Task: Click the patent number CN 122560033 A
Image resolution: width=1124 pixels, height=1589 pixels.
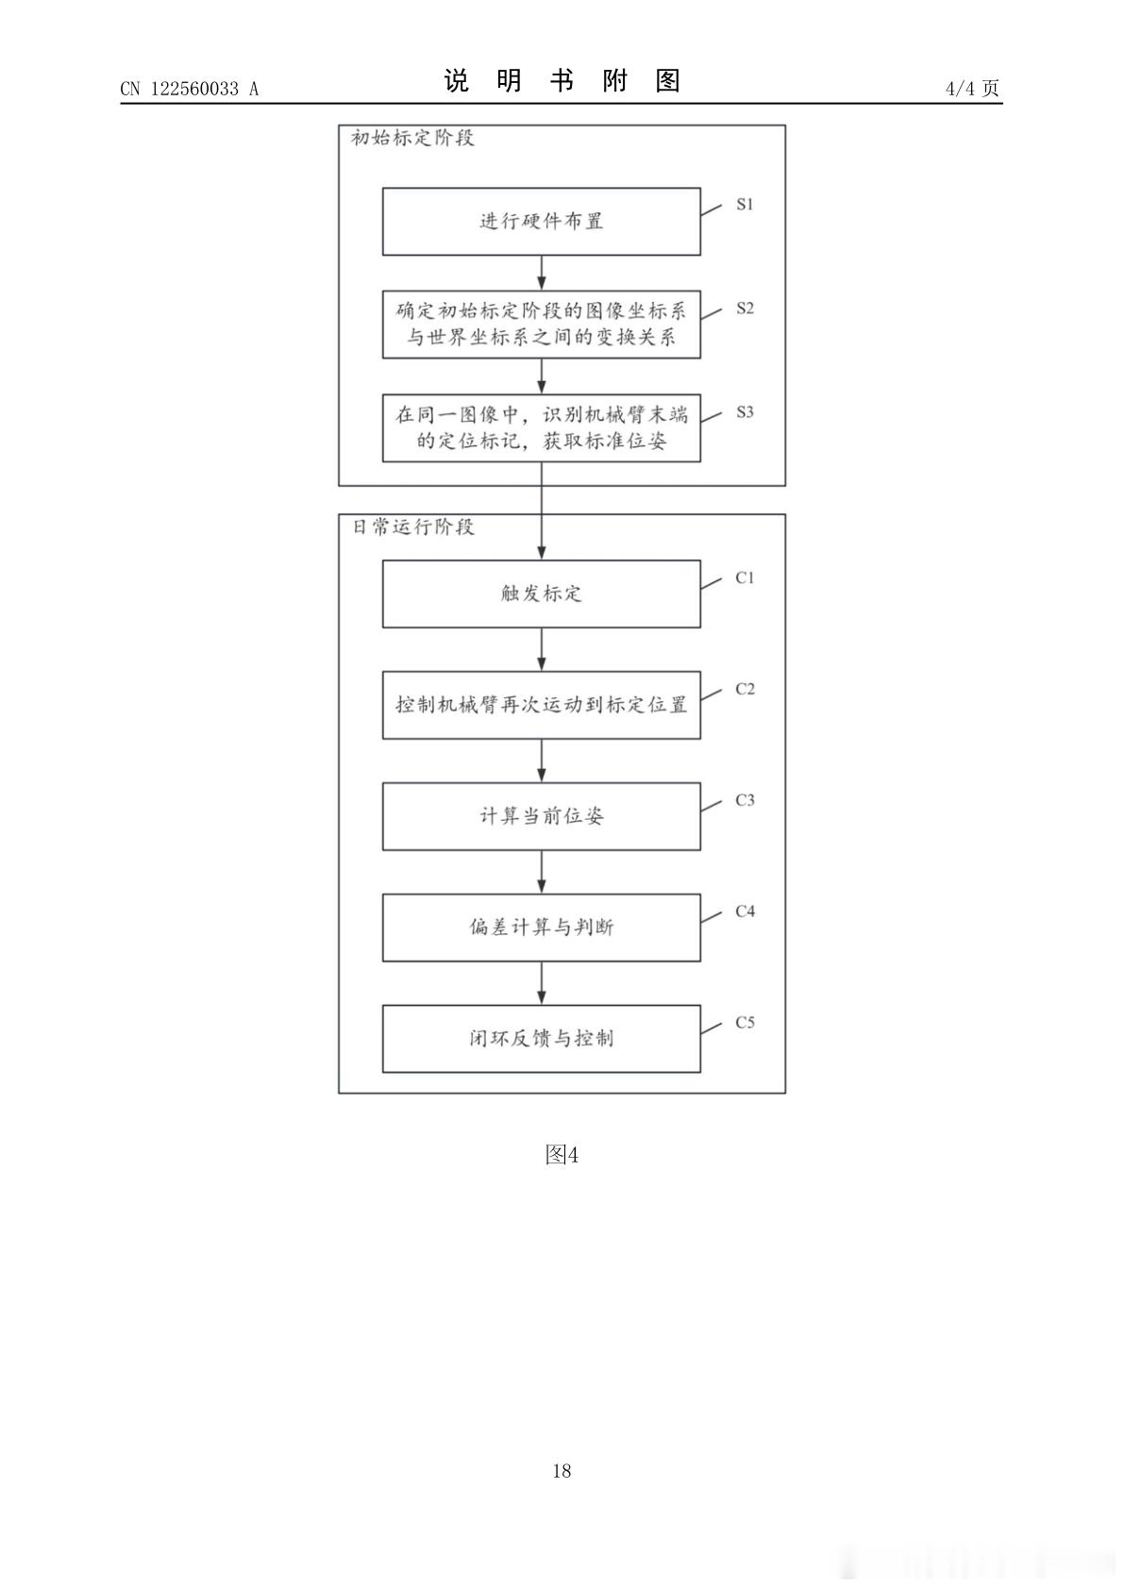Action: (190, 89)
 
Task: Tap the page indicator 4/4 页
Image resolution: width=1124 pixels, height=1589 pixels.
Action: (972, 88)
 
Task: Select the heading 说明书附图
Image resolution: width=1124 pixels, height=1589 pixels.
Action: (562, 81)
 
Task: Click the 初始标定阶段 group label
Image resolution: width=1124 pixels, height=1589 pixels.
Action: (412, 138)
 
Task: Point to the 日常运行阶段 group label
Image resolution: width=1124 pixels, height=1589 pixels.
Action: (413, 527)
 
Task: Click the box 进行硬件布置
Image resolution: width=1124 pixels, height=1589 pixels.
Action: (542, 222)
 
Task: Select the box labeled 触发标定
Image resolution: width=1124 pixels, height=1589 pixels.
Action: (542, 594)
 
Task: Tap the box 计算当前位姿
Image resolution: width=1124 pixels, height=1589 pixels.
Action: (542, 816)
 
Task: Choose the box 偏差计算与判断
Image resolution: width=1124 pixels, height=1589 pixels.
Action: (542, 928)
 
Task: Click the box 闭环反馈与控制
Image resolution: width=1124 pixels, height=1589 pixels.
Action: (542, 1039)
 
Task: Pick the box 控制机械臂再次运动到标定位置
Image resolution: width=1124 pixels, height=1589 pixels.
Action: (542, 705)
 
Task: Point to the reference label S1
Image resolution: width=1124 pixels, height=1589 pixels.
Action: (745, 205)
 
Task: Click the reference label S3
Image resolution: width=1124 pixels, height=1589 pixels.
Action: (745, 413)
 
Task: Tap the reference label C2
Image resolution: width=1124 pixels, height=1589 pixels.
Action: (745, 689)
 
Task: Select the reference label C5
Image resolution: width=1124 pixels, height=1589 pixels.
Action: (745, 1022)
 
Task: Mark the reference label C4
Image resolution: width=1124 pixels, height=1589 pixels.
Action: (745, 911)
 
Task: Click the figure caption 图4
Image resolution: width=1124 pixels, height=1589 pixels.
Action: (562, 1155)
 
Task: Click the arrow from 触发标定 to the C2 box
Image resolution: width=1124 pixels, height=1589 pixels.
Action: (542, 650)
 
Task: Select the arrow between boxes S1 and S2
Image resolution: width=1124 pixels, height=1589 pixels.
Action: (542, 273)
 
